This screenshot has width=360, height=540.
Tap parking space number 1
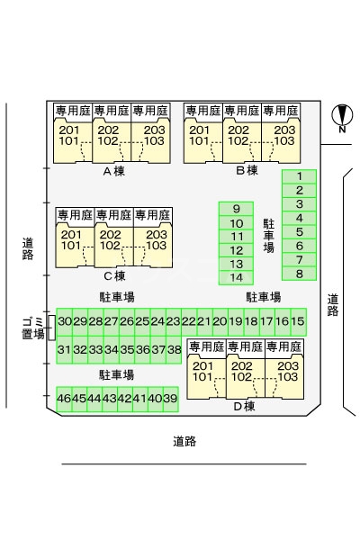(299, 176)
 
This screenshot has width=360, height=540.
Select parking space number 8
(299, 274)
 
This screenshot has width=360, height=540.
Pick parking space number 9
(237, 209)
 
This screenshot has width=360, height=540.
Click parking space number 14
(237, 277)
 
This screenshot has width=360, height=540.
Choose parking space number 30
(65, 321)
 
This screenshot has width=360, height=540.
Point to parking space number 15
(298, 321)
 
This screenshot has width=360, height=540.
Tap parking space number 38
(175, 350)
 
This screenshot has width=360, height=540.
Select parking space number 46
(64, 399)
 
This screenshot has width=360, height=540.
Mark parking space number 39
(171, 399)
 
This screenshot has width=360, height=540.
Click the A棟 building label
(112, 170)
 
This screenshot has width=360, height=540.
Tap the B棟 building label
(247, 170)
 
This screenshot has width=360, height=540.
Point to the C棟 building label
(113, 275)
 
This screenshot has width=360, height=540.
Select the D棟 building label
(245, 406)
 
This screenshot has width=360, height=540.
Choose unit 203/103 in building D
(287, 372)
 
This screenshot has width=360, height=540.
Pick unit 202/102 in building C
(111, 240)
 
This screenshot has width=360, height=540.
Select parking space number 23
(174, 321)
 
